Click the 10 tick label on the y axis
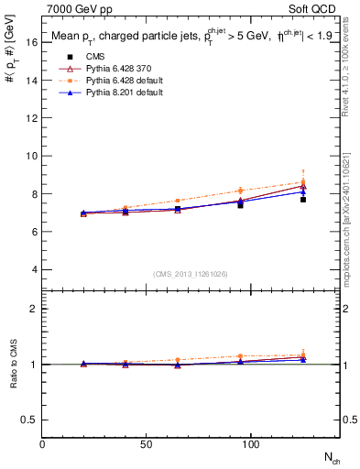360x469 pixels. click(x=32, y=156)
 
